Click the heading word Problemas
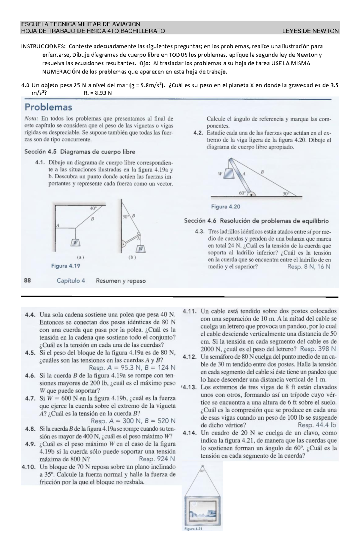[48, 107]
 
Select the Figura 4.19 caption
[66, 266]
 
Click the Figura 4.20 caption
[226, 207]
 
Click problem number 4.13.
[190, 387]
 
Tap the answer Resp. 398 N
[318, 349]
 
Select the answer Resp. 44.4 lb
[317, 425]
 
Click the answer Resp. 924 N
[157, 459]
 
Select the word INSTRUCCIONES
[42, 46]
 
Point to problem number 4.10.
[29, 467]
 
